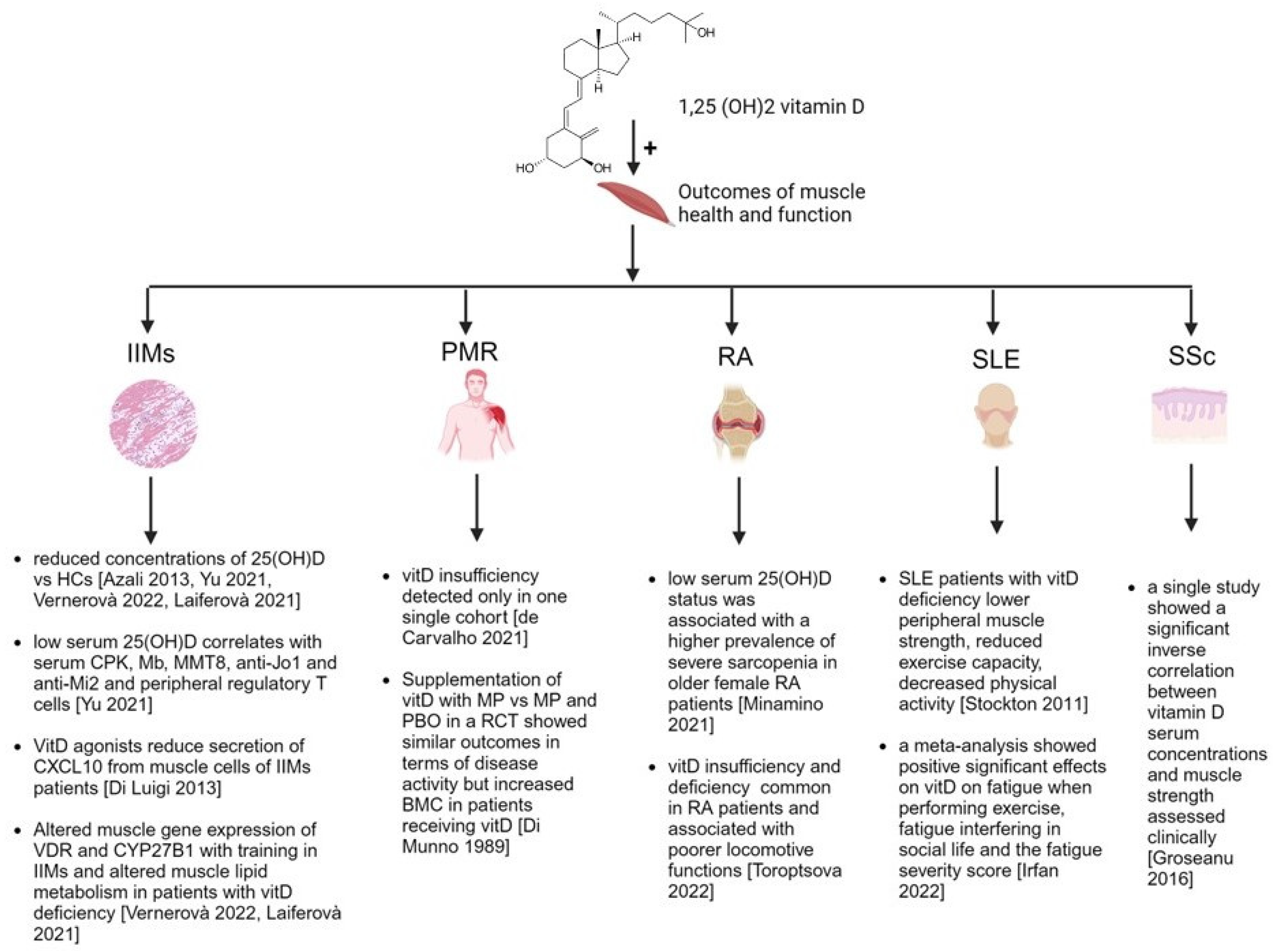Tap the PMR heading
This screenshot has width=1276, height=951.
click(469, 351)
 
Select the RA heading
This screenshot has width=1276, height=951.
click(735, 357)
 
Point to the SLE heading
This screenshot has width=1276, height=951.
click(996, 359)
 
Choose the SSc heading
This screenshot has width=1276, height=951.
click(1191, 356)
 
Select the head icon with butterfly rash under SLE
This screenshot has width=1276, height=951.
click(996, 416)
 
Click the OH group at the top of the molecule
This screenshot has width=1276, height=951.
click(706, 33)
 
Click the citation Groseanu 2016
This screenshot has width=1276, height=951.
click(1190, 868)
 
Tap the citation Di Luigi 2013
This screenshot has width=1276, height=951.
click(163, 787)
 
